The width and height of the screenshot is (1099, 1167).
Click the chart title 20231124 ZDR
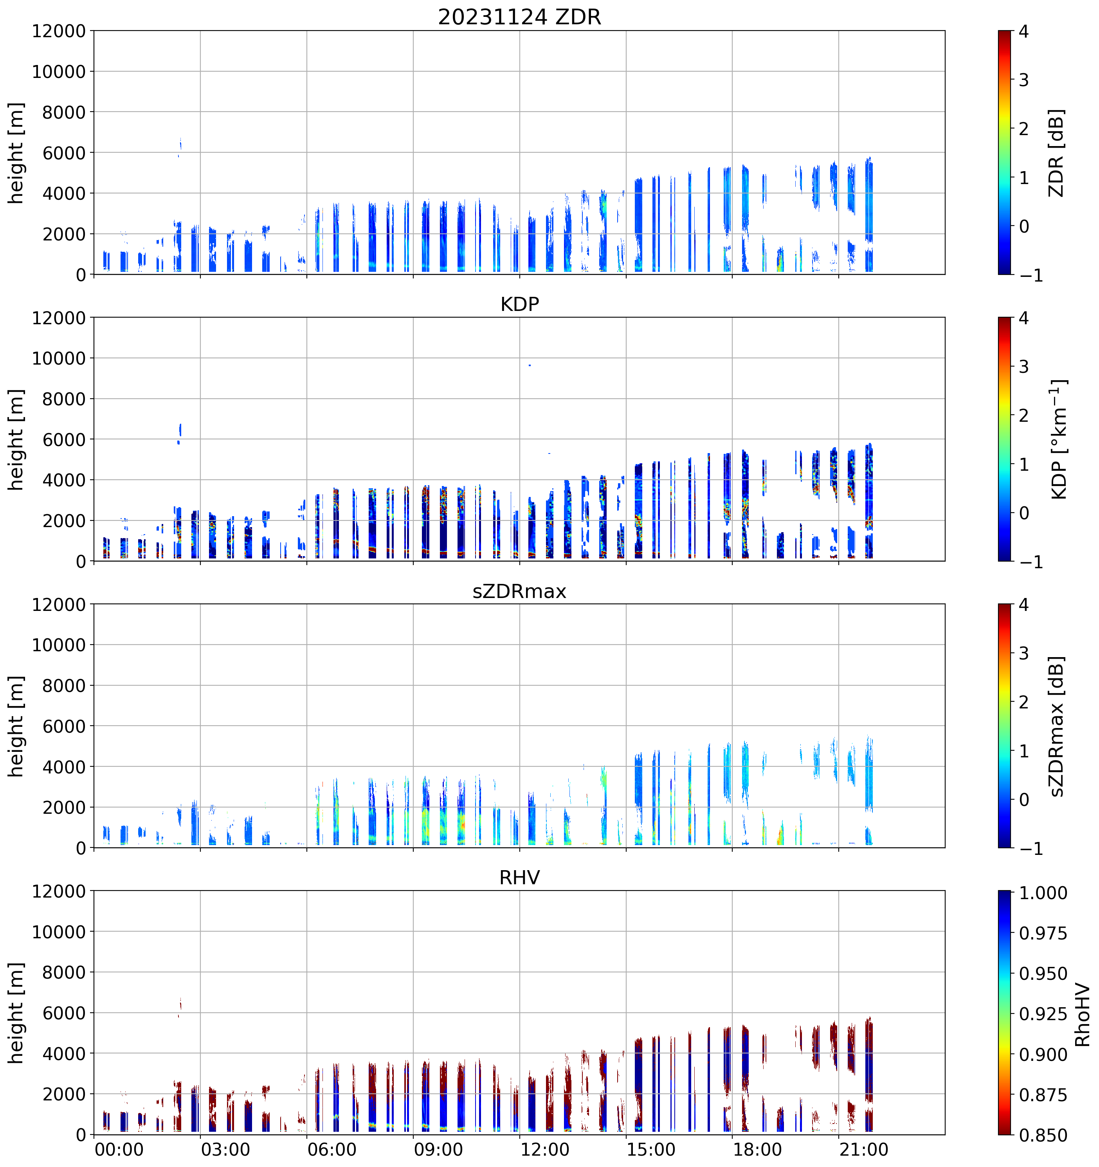[519, 17]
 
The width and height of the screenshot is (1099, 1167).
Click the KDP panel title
[519, 304]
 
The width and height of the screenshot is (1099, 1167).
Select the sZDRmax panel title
[519, 591]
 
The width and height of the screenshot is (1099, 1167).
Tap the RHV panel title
[519, 878]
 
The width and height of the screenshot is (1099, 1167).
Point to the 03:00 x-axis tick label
[225, 1149]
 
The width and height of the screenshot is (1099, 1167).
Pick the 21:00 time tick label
[864, 1149]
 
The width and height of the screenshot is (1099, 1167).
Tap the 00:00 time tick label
[119, 1149]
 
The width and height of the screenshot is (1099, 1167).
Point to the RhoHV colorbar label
[1083, 1015]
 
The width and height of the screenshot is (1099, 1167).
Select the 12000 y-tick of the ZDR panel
[59, 31]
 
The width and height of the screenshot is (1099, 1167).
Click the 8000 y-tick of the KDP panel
[64, 399]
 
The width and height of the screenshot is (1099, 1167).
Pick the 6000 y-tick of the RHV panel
[64, 1013]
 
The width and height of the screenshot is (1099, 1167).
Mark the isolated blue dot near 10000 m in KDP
[530, 365]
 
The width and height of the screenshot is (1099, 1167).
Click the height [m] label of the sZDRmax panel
[16, 726]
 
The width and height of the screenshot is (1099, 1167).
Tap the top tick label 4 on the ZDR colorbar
[1024, 32]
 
